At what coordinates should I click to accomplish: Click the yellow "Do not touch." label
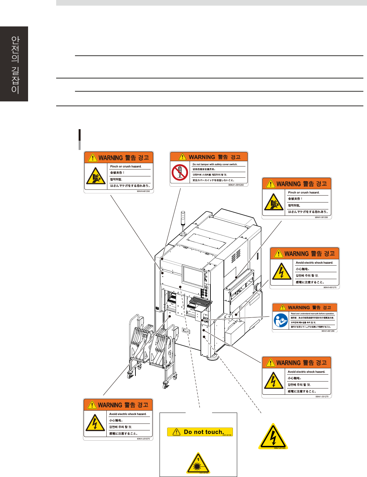click(200, 432)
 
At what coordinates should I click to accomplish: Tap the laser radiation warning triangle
click(198, 463)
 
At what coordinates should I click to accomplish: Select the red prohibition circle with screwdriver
click(180, 173)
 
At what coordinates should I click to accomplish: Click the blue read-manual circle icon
click(281, 320)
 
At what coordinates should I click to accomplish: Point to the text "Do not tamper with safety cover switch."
click(215, 164)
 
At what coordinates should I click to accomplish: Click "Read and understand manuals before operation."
click(312, 313)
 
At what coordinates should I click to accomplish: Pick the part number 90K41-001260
click(236, 185)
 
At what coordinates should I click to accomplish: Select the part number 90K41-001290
click(328, 331)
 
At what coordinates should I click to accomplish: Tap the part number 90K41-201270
click(322, 396)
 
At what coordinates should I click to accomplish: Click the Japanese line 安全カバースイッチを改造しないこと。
click(213, 180)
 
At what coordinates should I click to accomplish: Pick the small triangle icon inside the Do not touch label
click(177, 432)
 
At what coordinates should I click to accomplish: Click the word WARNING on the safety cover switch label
click(202, 157)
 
